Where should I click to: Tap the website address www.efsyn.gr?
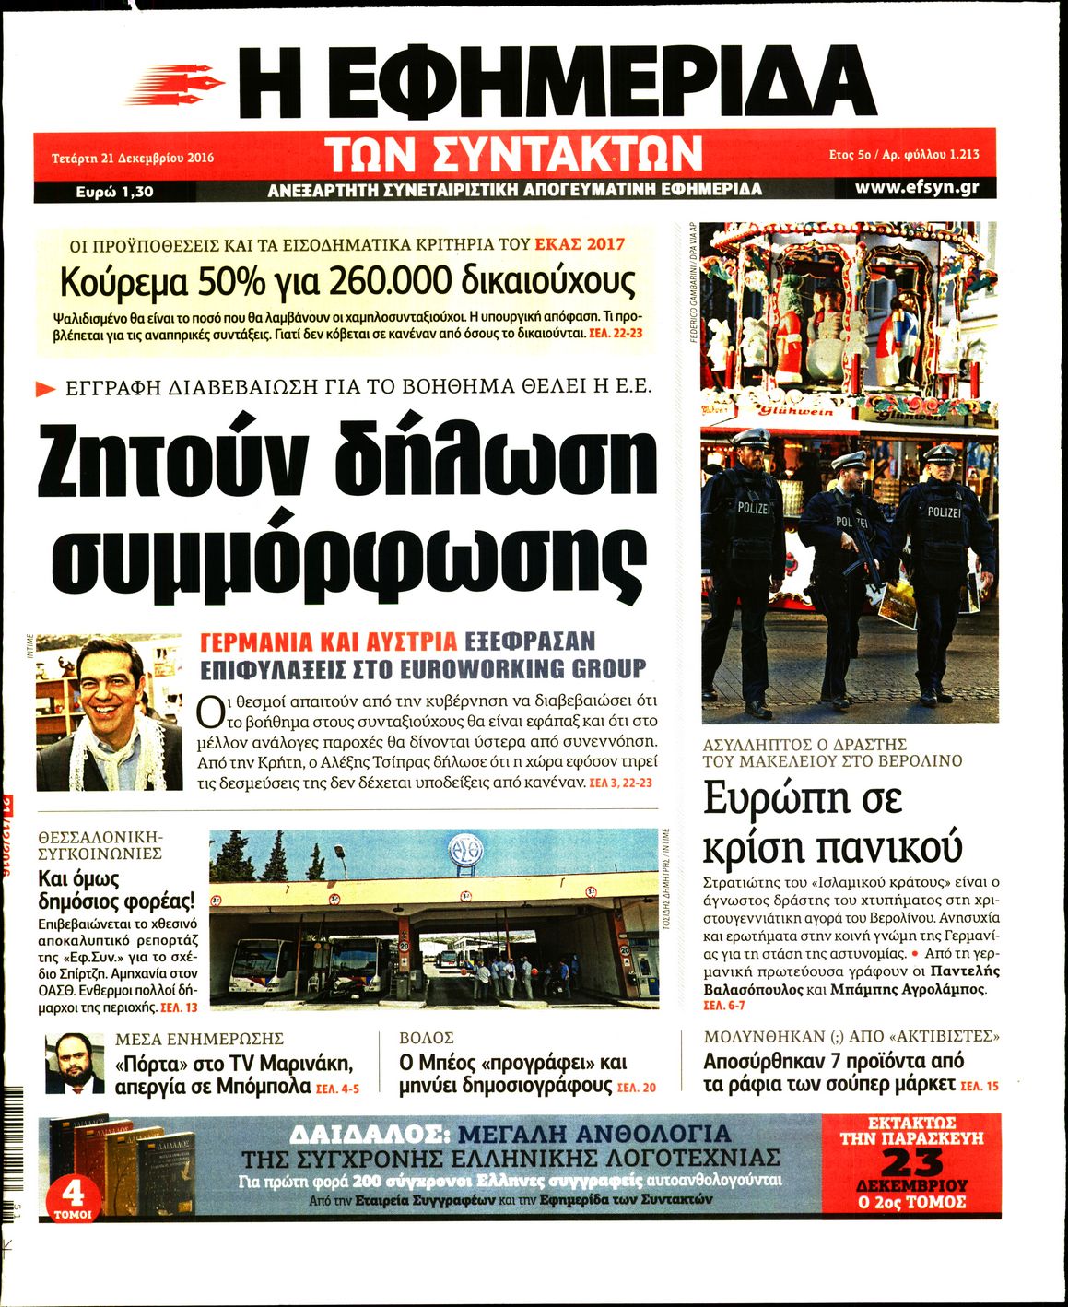point(916,187)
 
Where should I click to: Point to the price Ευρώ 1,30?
point(114,192)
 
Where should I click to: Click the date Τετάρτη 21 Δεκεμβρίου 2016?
point(133,158)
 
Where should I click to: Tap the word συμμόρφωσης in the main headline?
point(346,553)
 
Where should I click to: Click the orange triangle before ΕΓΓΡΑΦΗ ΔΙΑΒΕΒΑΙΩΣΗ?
point(45,388)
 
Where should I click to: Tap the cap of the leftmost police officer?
point(753,437)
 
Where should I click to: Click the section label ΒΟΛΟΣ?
point(427,1038)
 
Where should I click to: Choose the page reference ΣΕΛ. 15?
point(979,1087)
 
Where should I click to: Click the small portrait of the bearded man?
point(75,1064)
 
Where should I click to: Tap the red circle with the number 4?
point(72,1195)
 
